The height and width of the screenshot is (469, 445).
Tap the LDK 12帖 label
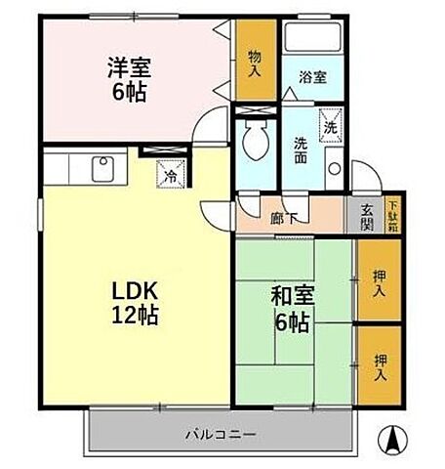[x=135, y=303]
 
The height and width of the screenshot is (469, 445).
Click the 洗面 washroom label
[x=302, y=149]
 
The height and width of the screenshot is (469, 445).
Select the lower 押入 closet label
[x=380, y=367]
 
